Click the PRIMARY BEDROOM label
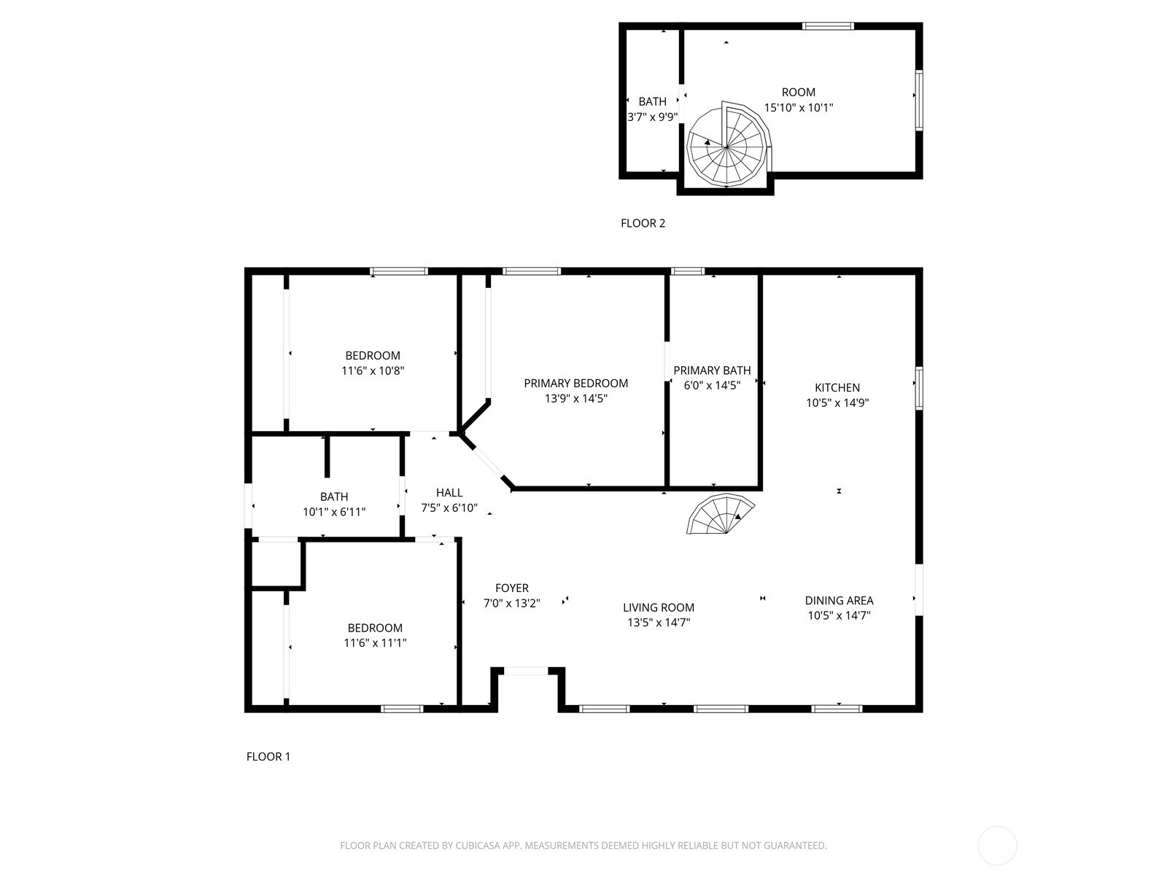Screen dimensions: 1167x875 point(575,383)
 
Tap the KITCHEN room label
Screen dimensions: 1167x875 point(837,388)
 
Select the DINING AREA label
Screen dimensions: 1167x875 point(839,600)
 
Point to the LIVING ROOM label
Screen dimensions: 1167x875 point(659,607)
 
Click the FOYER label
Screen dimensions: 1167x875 point(512,588)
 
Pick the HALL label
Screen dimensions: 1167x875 point(449,492)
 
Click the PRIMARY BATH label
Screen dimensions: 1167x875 point(712,370)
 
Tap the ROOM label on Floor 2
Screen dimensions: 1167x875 point(799,93)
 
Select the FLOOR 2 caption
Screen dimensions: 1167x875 point(643,223)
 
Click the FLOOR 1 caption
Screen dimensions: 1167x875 point(268,757)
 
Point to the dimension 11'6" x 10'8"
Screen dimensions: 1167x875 point(373,370)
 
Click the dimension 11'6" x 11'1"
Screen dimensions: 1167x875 point(375,643)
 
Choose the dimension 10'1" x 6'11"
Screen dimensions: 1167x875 point(334,512)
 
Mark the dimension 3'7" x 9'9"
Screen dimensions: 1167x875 point(652,117)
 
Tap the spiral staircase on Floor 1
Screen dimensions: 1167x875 point(720,514)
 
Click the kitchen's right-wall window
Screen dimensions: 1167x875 point(919,388)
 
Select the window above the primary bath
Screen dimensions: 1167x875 point(688,271)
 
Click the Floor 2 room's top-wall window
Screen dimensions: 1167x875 point(828,26)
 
